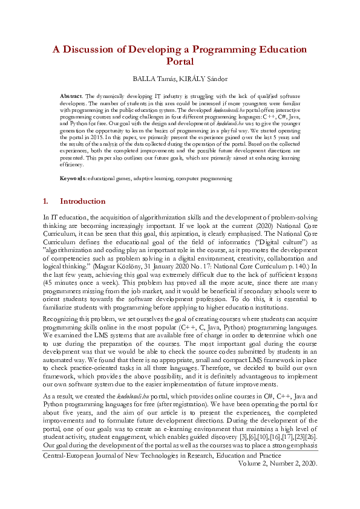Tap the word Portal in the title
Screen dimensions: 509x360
point(180,61)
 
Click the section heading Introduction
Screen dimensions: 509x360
point(83,201)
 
